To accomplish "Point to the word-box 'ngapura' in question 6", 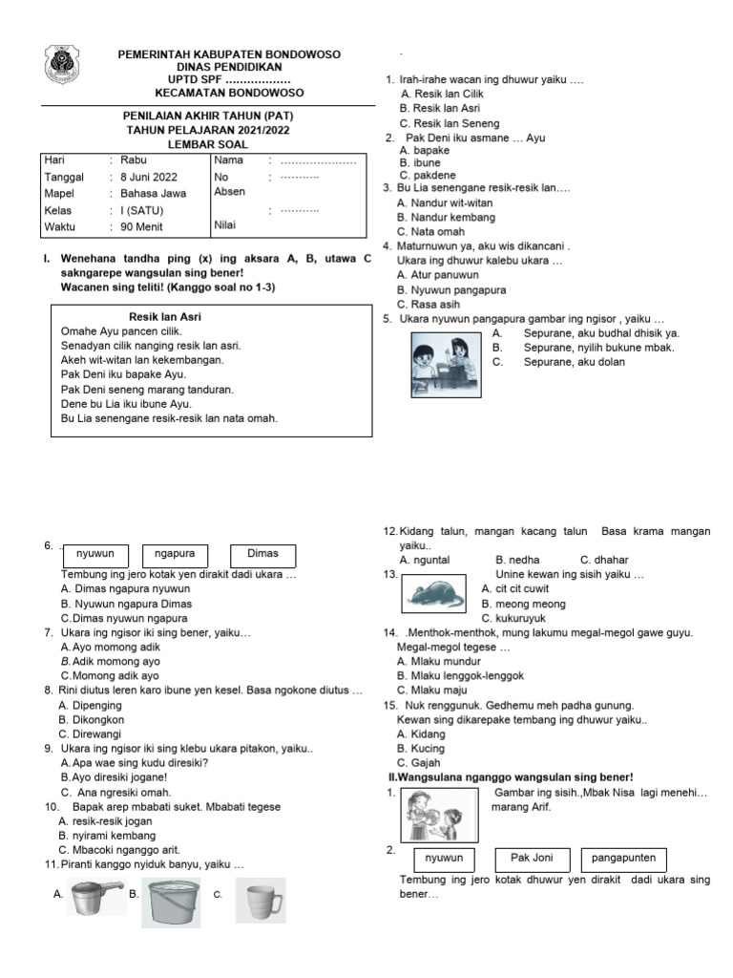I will (x=176, y=554).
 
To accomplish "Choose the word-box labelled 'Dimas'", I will (x=262, y=554).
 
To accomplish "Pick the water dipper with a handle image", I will (x=94, y=895).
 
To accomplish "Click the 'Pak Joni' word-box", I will (x=532, y=857).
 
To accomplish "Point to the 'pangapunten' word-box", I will (x=623, y=857).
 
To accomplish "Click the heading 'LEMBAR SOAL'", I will (x=207, y=144).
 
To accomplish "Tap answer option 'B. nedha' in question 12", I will (x=517, y=560).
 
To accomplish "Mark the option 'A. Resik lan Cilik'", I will (x=442, y=95).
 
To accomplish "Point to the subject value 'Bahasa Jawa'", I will (x=154, y=193).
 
